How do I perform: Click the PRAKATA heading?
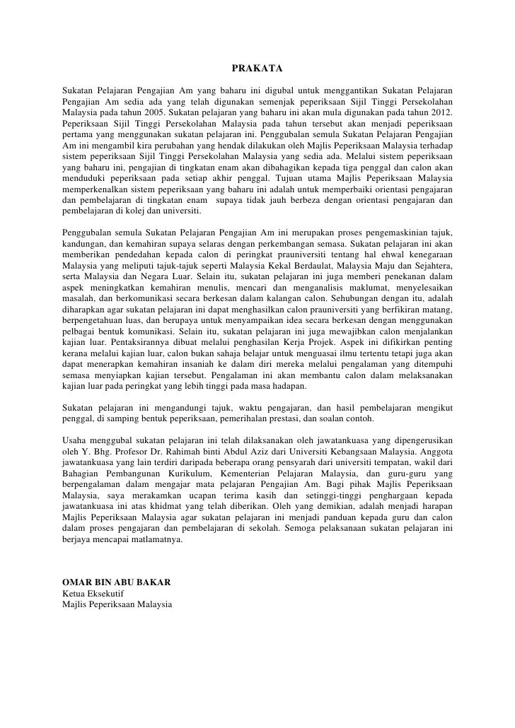(x=257, y=69)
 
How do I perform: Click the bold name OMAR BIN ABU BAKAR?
(x=117, y=583)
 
